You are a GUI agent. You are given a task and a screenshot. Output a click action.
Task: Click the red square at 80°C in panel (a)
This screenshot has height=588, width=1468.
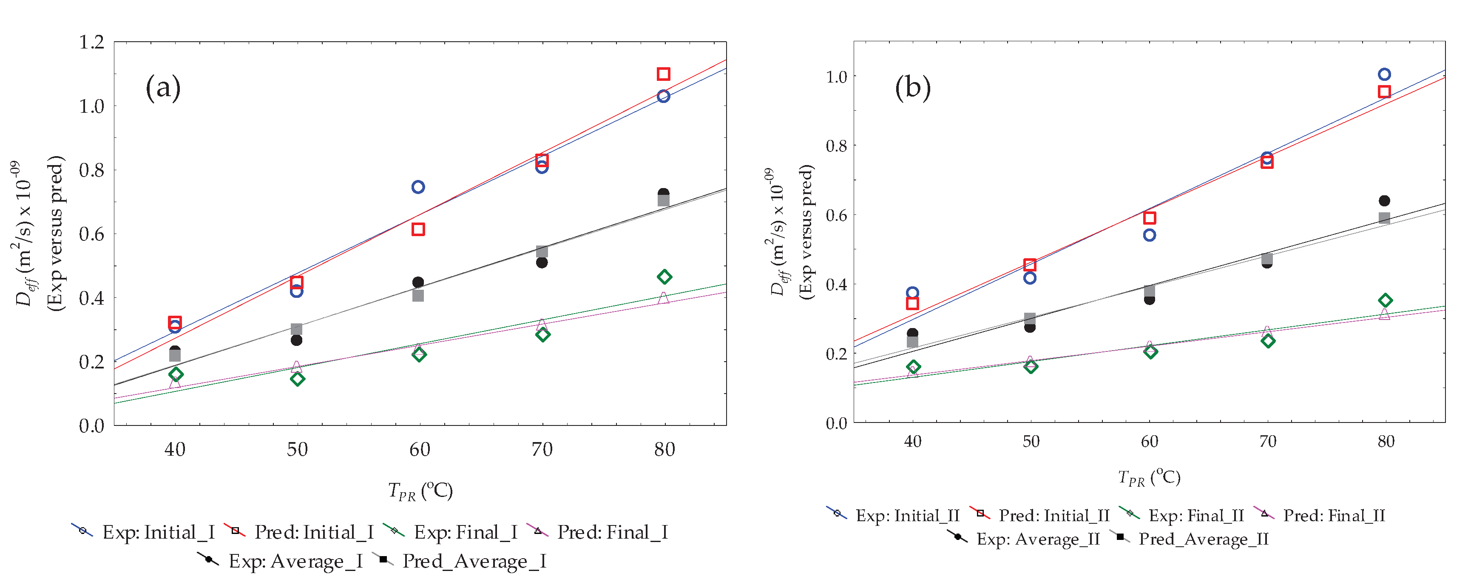[x=663, y=74]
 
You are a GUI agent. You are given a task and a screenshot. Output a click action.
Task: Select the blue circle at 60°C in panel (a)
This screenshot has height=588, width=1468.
[x=418, y=187]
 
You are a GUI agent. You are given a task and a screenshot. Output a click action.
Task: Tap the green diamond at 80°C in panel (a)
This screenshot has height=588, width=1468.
[x=664, y=277]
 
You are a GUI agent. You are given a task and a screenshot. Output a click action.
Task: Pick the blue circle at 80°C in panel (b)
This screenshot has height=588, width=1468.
[x=1384, y=74]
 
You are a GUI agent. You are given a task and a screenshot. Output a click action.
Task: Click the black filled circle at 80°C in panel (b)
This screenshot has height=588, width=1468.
[x=1384, y=201]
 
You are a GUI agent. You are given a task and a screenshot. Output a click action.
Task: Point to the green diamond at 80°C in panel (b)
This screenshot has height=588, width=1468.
[x=1386, y=300]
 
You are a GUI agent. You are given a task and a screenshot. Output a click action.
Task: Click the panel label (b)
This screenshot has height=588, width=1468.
[x=912, y=88]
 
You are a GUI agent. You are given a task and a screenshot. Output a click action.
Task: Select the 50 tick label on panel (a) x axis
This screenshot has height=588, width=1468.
[x=297, y=449]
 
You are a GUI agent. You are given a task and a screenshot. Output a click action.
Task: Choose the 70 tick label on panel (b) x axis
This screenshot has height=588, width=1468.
[x=1267, y=442]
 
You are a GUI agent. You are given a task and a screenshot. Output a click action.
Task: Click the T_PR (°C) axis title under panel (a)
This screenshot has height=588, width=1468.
[x=420, y=491]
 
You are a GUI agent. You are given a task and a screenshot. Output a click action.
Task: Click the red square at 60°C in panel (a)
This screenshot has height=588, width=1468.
[x=418, y=229]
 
